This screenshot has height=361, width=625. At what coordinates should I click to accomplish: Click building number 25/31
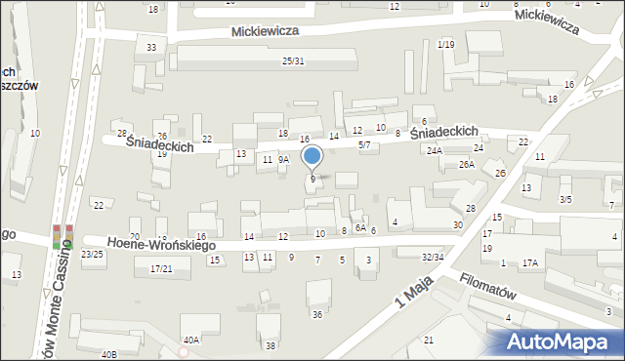(x=293, y=61)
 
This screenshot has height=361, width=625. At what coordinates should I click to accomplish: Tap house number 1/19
(x=446, y=45)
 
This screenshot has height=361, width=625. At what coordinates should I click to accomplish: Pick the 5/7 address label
(x=364, y=144)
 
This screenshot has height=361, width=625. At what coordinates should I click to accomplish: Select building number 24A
(x=435, y=151)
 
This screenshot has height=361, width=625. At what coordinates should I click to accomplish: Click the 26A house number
(x=467, y=165)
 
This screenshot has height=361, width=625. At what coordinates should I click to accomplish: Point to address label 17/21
(x=161, y=268)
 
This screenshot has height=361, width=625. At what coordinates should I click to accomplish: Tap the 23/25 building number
(x=92, y=254)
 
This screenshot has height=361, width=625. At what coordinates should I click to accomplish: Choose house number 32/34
(x=433, y=257)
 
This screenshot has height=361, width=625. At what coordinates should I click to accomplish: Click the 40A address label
(x=191, y=340)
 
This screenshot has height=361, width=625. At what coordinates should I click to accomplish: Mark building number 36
(x=316, y=314)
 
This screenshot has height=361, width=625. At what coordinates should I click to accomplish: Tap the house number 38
(x=271, y=346)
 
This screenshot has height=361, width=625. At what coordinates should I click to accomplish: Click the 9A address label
(x=283, y=159)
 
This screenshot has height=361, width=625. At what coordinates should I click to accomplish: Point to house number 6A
(x=360, y=227)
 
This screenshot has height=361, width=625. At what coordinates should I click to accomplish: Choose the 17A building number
(x=530, y=263)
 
